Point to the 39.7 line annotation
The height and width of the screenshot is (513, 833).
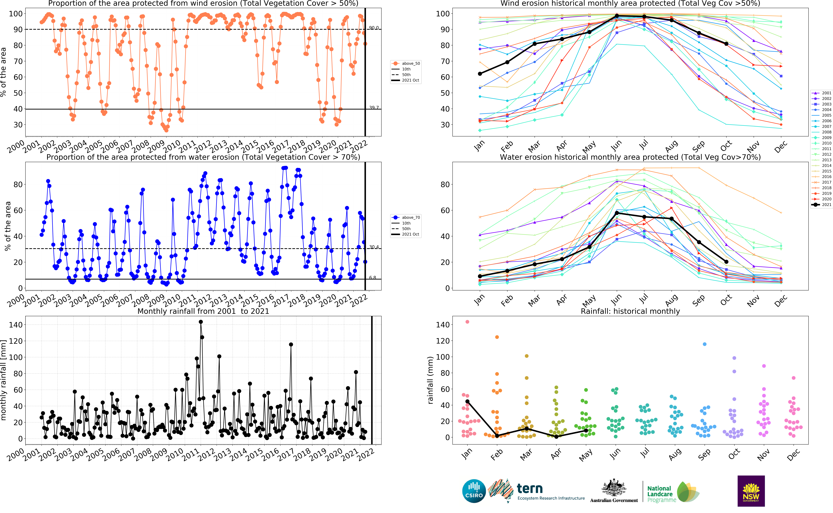click(374, 108)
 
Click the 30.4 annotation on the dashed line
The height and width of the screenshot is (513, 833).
click(374, 247)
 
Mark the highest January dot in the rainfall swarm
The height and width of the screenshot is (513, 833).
click(467, 322)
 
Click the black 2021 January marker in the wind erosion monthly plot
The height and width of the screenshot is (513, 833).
click(480, 74)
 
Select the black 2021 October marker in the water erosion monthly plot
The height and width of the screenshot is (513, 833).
click(726, 262)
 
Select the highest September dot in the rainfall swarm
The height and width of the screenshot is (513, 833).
click(704, 344)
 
